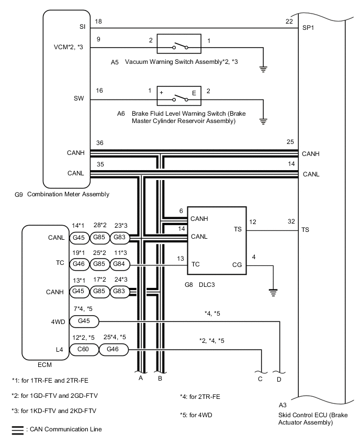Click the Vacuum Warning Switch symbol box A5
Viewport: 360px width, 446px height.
point(179,44)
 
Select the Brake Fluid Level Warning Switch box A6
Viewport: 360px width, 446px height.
point(179,96)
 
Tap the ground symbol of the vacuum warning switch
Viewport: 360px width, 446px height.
point(263,69)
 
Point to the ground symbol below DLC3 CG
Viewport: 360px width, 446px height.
point(273,293)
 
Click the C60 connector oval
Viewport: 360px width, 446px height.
point(84,349)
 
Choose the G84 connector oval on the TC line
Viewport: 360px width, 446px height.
point(119,264)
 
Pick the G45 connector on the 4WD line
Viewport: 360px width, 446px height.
point(84,321)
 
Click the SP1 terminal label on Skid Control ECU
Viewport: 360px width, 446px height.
point(308,28)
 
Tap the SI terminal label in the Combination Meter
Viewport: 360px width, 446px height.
point(82,27)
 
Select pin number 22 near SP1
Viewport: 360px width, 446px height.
point(289,21)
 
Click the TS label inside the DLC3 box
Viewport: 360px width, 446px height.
point(238,229)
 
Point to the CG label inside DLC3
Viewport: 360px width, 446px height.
point(237,265)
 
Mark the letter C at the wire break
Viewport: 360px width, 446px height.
point(260,379)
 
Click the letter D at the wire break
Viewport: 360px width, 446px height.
point(279,380)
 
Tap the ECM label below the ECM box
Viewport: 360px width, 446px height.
point(44,365)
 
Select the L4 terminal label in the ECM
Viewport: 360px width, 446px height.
point(59,350)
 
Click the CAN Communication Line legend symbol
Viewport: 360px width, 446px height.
point(18,430)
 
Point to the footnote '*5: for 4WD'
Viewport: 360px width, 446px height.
point(196,415)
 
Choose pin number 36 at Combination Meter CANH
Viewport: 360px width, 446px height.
point(99,143)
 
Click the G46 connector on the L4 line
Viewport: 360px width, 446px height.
point(113,349)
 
